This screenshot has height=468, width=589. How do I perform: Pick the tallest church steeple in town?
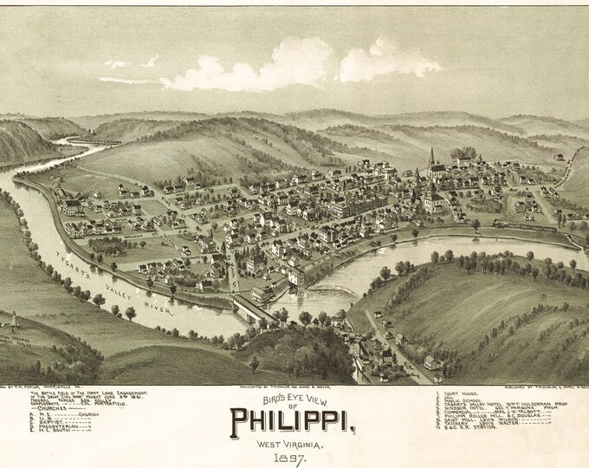(x=431, y=160)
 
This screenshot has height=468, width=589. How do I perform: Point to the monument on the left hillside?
(x=13, y=319)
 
